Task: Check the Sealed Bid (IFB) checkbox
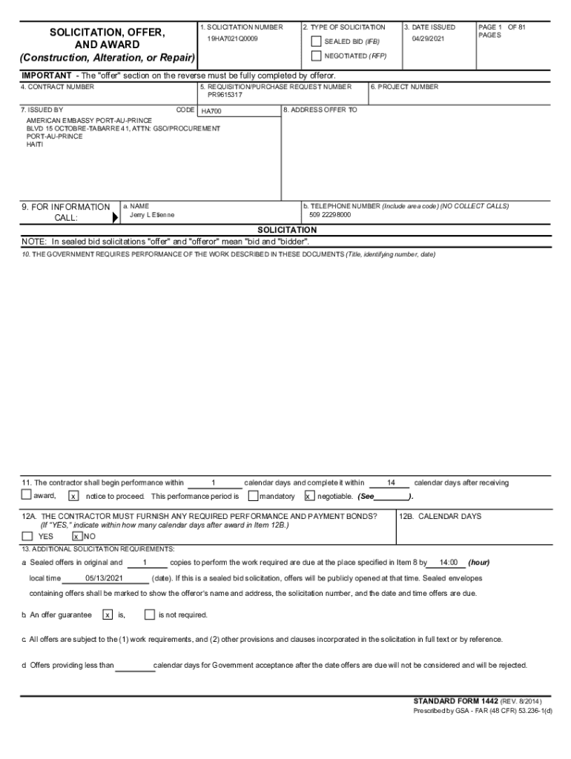317,42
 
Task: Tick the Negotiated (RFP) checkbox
317,56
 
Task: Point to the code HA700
211,111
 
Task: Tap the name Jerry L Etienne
152,215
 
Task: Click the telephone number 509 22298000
331,215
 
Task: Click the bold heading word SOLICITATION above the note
286,231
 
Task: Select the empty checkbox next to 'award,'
27,495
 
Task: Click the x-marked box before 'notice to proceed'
73,496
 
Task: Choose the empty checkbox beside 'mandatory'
254,495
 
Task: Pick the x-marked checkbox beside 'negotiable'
309,496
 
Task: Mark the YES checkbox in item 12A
27,536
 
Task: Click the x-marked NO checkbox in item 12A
76,536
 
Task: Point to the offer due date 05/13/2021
104,578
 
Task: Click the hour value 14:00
448,563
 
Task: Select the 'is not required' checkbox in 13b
149,614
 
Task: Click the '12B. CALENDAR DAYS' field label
440,517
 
